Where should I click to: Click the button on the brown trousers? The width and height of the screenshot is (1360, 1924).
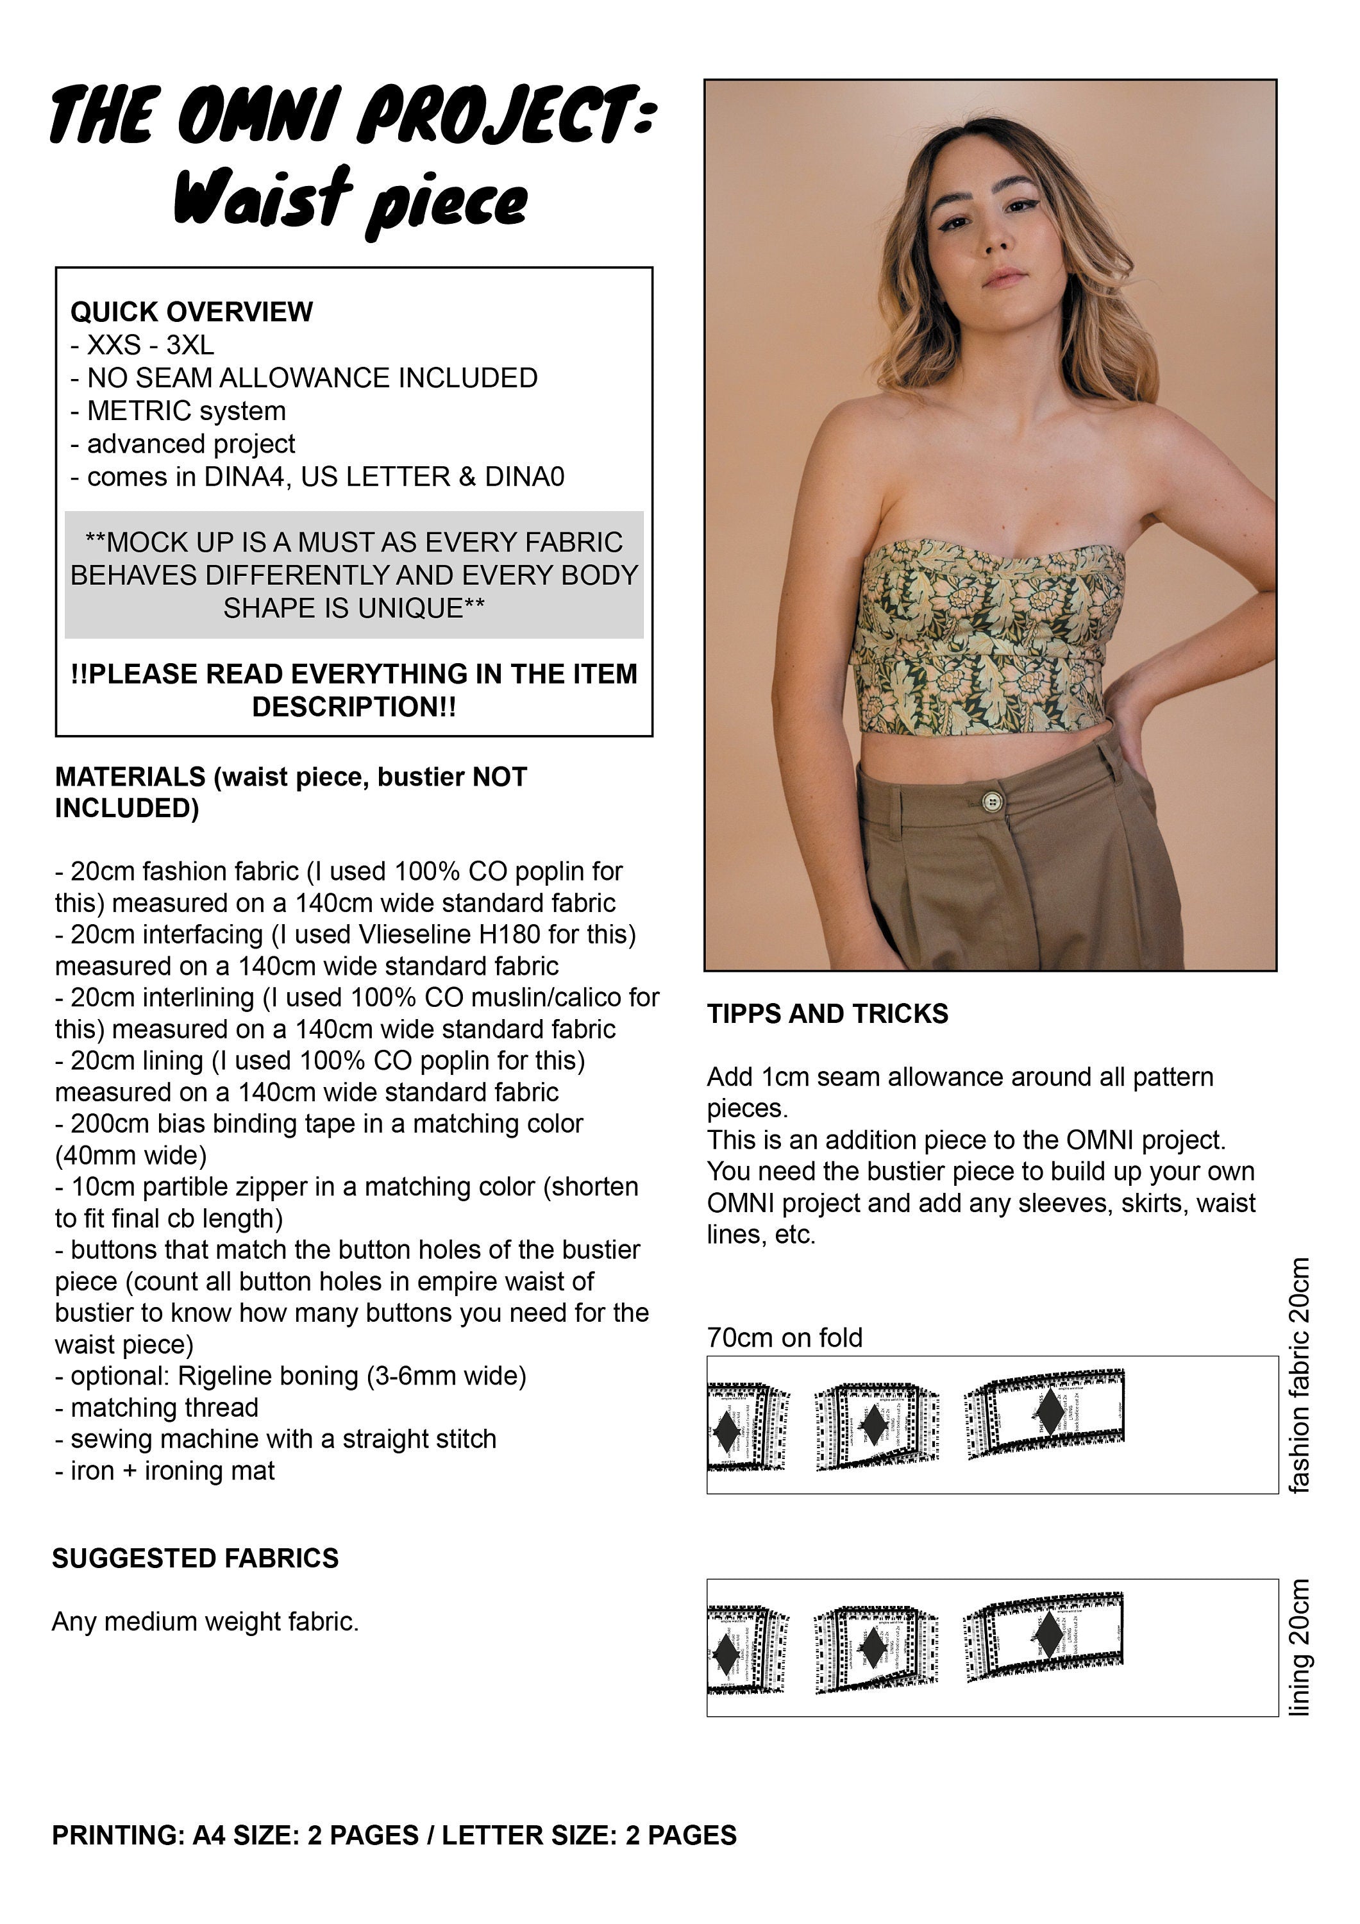click(992, 802)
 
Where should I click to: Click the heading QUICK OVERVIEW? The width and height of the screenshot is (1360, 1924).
click(191, 312)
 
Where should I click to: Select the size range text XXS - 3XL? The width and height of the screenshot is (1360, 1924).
click(150, 344)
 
